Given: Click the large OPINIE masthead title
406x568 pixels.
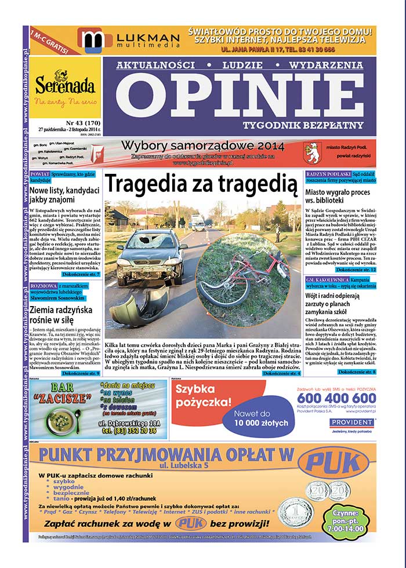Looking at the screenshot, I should point(238,94).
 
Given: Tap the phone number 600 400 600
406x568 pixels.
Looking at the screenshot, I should point(336,399).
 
